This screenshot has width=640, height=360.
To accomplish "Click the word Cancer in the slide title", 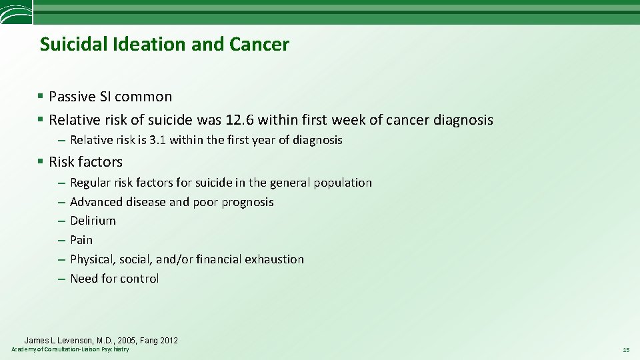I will [x=259, y=45].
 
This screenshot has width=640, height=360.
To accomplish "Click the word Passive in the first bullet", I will [x=72, y=97].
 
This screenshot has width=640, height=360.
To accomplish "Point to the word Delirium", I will [x=93, y=221].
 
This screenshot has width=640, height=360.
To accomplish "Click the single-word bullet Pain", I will [x=81, y=240].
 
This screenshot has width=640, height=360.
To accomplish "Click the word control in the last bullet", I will [x=140, y=279].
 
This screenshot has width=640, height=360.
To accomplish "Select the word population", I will [x=343, y=183].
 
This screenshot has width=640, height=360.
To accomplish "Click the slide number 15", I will [x=626, y=349].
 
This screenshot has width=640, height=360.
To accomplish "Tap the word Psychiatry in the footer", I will [x=116, y=349].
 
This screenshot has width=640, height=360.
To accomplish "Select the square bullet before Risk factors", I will [x=41, y=162].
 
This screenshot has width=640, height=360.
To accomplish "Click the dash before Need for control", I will [x=61, y=279].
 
